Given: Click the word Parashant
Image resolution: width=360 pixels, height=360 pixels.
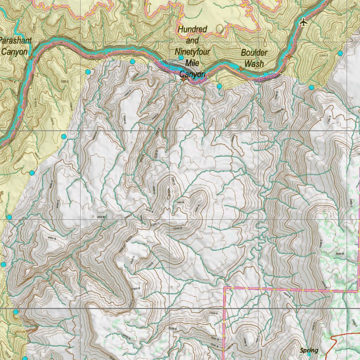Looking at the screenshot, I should (x=15, y=40).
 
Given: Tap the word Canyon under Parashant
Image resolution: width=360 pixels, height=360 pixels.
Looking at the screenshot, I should (x=14, y=52).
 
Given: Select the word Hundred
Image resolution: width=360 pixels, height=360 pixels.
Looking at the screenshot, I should (x=192, y=29).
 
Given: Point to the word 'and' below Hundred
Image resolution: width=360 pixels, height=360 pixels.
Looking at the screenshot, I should (x=192, y=41).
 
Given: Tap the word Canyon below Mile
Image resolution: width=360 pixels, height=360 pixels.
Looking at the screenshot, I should (x=193, y=74).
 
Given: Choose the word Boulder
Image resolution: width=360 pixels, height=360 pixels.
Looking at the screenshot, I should (x=254, y=53).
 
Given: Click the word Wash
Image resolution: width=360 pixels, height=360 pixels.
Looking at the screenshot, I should (x=254, y=64).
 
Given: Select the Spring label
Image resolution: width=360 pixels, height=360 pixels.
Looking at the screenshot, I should (x=309, y=350).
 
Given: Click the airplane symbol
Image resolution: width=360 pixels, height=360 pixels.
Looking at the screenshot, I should (x=303, y=22).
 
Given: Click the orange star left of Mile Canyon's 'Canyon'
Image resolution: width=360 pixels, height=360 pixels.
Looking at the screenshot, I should (x=183, y=79).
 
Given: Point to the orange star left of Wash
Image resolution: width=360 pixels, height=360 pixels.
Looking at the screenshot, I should (x=240, y=69).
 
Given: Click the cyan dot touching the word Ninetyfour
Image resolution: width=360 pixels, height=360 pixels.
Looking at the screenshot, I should (x=181, y=57).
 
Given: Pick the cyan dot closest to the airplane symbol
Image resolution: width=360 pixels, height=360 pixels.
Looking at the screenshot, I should (x=340, y=53).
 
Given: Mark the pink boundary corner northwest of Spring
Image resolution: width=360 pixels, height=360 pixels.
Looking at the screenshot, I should (x=224, y=288).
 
